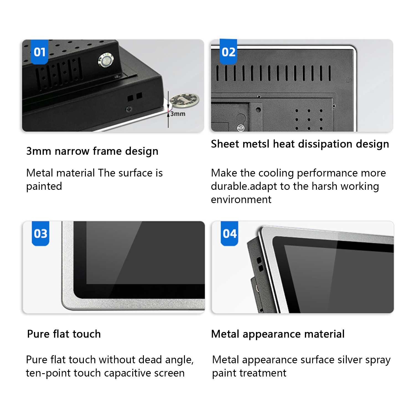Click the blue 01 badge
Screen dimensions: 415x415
pos(39,52)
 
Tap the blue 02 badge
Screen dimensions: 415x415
pos(228,52)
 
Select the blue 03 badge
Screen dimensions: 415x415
pos(40,234)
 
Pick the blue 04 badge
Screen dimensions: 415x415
pos(229,234)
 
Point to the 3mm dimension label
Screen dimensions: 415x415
pos(178,114)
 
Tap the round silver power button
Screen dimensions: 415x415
pos(106,61)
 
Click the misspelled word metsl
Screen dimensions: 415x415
pos(256,144)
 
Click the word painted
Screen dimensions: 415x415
pos(44,186)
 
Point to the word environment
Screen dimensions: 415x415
pos(241,199)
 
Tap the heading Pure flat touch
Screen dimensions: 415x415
pos(64,334)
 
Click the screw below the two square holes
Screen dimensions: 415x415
pos(129,110)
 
